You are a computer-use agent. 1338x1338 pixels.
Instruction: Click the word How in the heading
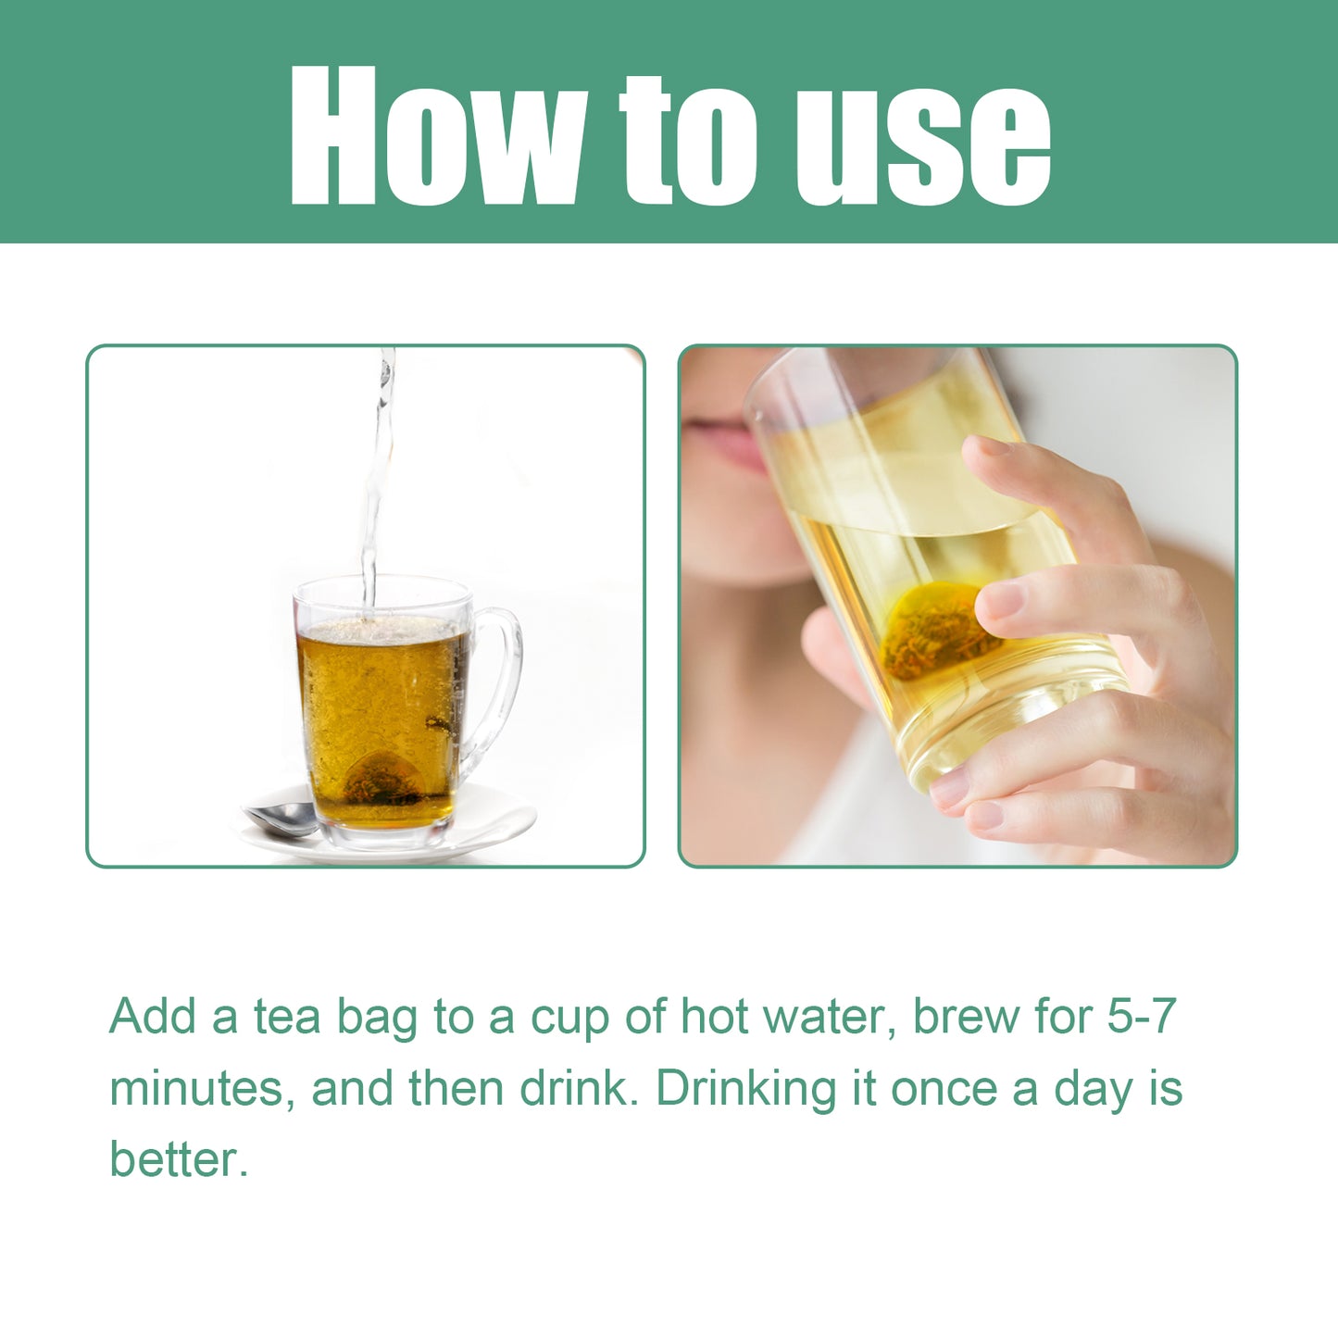(x=435, y=136)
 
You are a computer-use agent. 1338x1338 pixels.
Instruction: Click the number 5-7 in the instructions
(x=1141, y=1017)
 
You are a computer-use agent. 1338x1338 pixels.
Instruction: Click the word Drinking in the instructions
(x=745, y=1090)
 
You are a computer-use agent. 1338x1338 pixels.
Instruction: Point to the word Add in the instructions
(x=153, y=1017)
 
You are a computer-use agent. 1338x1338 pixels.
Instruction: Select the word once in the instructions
(x=944, y=1090)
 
